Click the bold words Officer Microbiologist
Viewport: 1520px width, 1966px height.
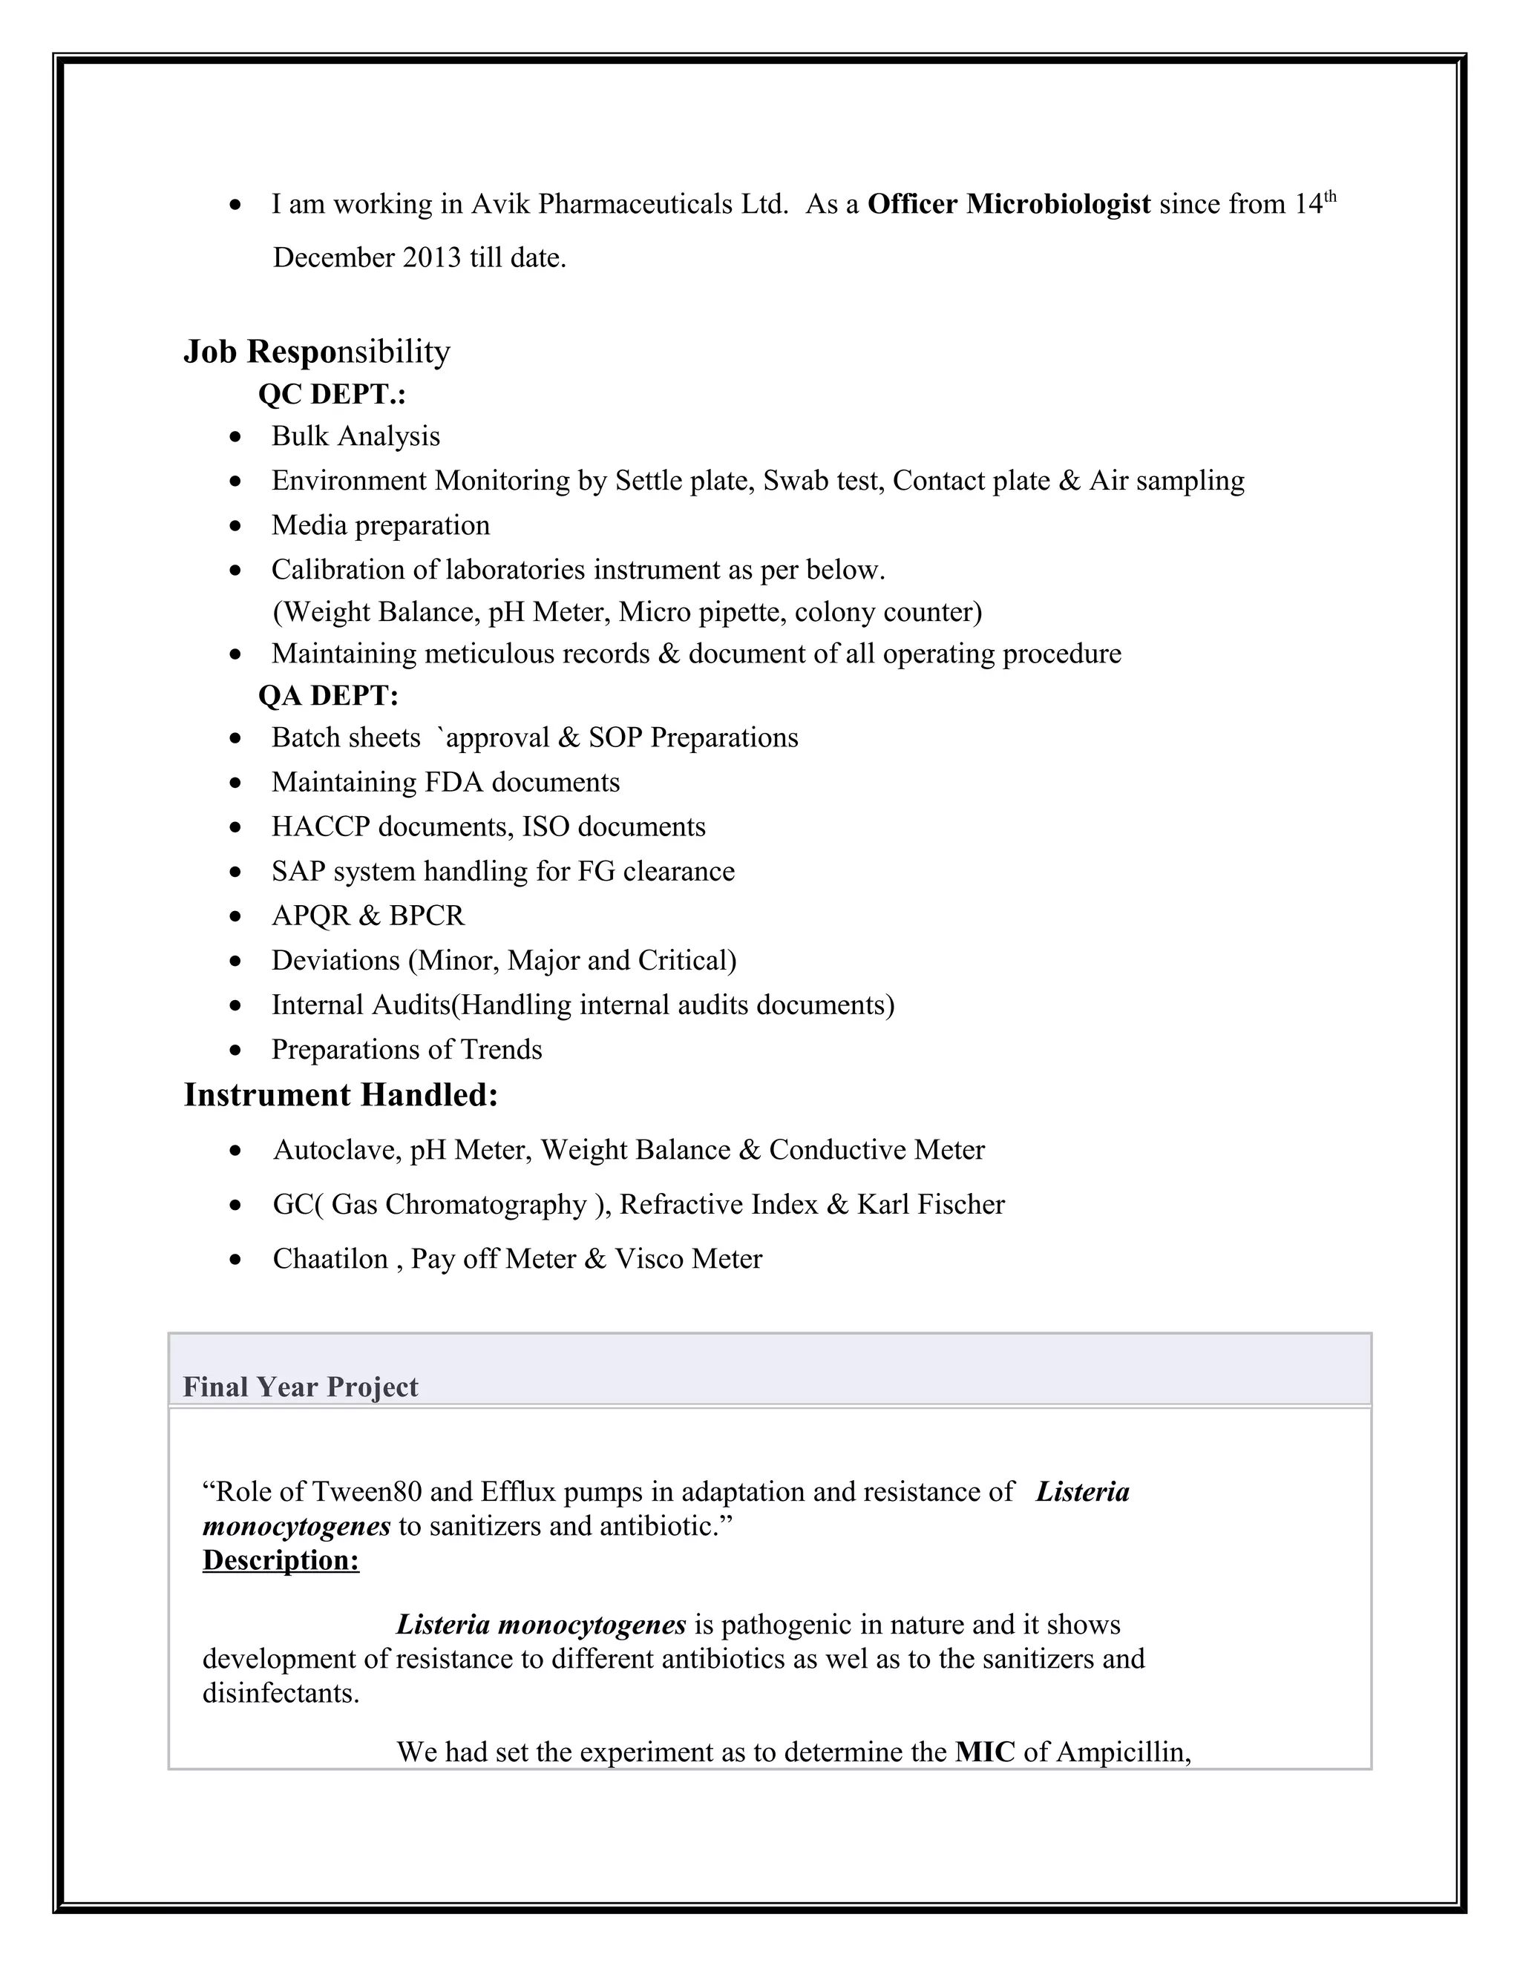tap(1009, 204)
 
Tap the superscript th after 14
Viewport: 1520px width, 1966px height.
tap(1330, 197)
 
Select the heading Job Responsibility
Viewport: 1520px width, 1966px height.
tap(316, 351)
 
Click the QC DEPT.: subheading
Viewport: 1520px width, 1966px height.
tap(331, 394)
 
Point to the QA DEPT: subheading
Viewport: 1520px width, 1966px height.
tap(328, 696)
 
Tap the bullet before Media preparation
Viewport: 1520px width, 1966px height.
tap(235, 527)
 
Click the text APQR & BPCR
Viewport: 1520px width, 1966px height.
tap(367, 915)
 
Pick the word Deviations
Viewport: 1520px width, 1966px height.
tap(335, 961)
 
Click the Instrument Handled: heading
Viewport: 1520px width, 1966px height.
tap(341, 1094)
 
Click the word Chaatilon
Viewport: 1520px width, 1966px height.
tap(330, 1258)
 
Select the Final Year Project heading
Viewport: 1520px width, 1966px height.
tap(300, 1387)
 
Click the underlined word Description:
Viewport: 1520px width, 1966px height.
tap(281, 1560)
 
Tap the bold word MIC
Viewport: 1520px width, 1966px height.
tap(984, 1752)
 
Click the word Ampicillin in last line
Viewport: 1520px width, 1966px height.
tap(1123, 1752)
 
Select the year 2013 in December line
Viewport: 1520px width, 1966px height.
tap(431, 258)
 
